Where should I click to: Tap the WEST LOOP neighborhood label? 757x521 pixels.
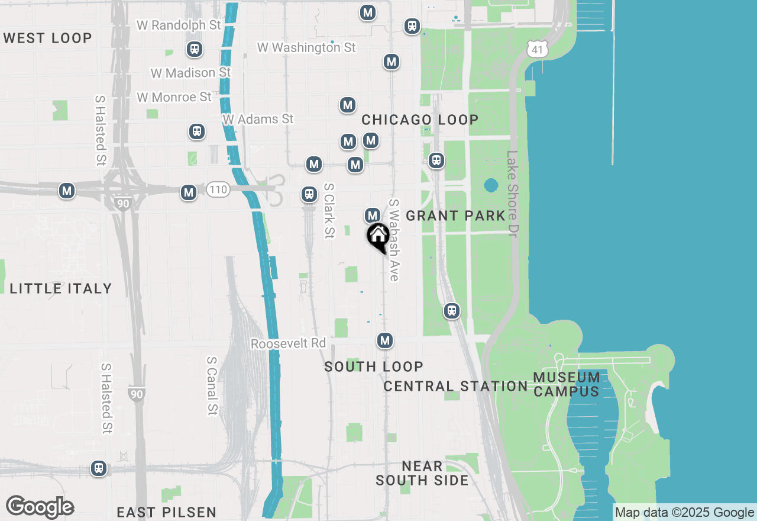pos(48,38)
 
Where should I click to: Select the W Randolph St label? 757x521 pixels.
pos(179,25)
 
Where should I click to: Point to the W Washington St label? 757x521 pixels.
pos(306,47)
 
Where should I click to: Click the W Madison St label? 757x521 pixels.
pos(190,73)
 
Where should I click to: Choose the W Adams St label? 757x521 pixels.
pos(258,119)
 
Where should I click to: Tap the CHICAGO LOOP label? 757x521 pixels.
pos(420,120)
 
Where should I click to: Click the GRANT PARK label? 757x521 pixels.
pos(456,216)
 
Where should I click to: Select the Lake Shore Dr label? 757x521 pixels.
pos(512,194)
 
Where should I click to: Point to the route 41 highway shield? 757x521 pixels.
pos(537,50)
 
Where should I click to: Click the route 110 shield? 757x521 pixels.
pos(218,190)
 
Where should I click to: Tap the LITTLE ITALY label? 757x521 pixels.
pos(61,289)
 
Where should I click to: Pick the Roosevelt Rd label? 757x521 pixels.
pos(288,343)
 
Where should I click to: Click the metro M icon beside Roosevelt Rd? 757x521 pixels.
pos(385,340)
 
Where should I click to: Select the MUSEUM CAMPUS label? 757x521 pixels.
pos(567,384)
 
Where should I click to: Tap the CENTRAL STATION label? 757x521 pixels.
pos(455,387)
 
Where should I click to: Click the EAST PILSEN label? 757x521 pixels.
pos(166,512)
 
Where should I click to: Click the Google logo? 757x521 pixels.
pos(40,507)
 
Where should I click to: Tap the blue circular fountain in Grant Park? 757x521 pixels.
pos(491,186)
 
